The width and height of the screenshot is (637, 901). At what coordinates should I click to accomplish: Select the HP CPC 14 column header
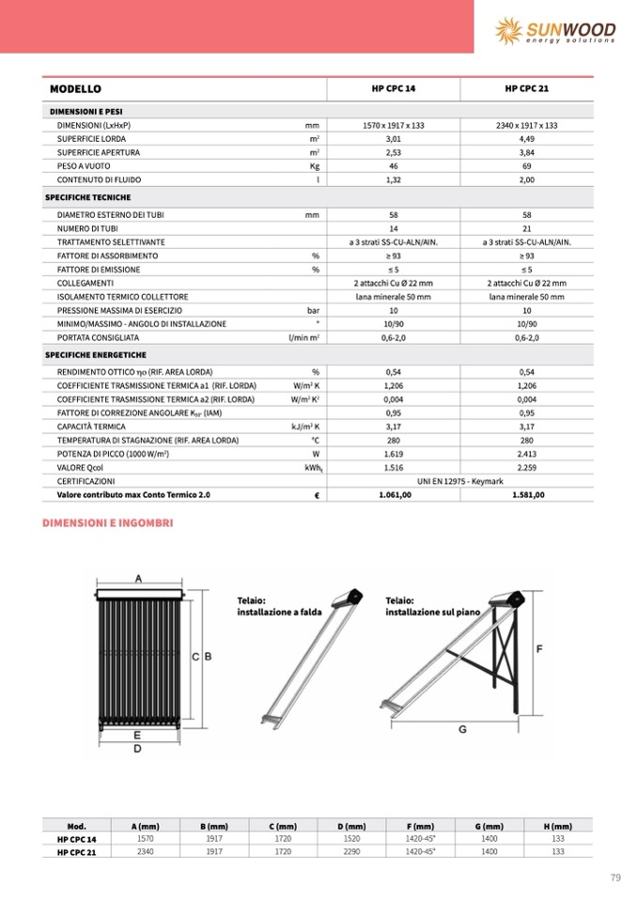click(393, 89)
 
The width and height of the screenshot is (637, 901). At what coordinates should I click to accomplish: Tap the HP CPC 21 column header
click(526, 89)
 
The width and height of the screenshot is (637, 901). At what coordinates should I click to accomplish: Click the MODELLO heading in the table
click(75, 89)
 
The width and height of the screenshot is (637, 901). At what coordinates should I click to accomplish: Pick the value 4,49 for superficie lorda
click(526, 137)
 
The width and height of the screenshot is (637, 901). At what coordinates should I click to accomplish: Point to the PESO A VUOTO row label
click(85, 164)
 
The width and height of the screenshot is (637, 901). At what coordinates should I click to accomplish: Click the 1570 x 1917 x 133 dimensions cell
click(393, 124)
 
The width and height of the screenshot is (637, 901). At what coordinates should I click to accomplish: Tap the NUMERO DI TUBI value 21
click(526, 228)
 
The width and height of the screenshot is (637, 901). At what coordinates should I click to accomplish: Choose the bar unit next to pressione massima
click(314, 310)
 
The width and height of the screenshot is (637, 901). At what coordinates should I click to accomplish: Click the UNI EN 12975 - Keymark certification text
click(459, 480)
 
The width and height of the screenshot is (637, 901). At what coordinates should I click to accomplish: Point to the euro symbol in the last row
click(317, 494)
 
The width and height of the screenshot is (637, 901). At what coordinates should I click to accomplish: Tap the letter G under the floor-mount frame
click(462, 728)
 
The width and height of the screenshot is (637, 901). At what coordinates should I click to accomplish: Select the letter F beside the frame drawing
click(539, 649)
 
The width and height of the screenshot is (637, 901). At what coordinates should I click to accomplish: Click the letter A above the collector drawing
click(138, 579)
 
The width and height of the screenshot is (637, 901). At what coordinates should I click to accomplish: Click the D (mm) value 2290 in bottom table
click(350, 851)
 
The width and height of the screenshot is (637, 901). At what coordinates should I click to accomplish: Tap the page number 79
click(615, 878)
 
